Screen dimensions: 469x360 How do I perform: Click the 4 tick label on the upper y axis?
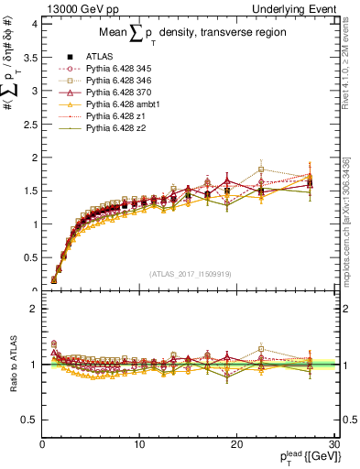coord(34,24)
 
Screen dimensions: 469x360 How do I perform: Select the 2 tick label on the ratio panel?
coord(34,309)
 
